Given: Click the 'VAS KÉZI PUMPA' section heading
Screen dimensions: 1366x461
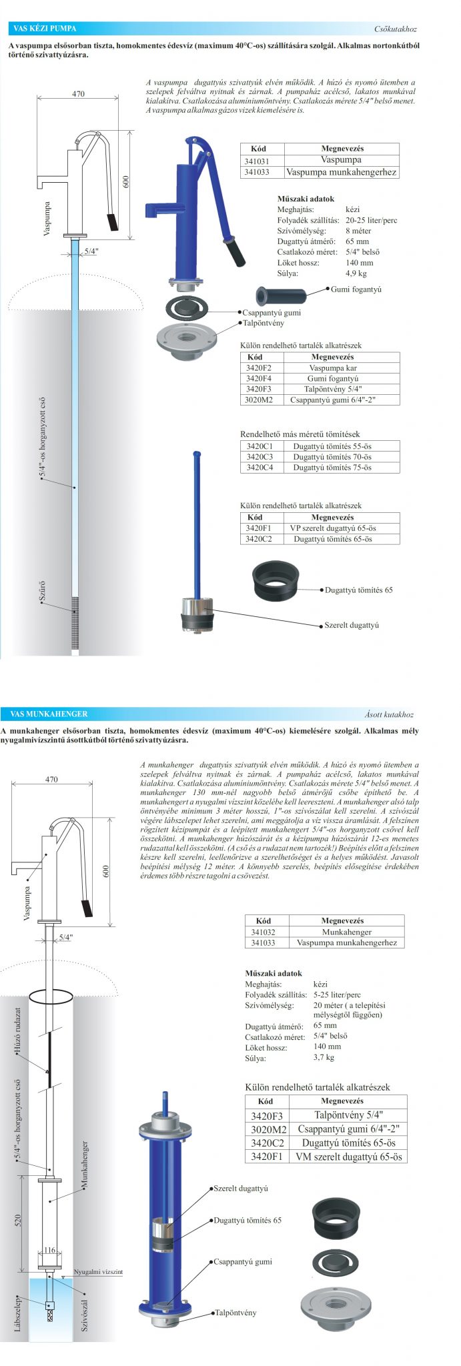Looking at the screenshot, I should (x=45, y=29).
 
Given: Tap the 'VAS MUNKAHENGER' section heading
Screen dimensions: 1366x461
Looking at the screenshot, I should (x=49, y=714).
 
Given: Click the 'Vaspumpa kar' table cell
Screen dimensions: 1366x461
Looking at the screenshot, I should (x=332, y=368).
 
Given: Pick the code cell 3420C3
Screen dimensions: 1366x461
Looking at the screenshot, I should (x=260, y=457).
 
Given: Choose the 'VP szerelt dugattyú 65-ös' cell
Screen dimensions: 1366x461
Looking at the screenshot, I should (x=332, y=528).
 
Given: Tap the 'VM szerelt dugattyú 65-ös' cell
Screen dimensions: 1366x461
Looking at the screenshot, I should (x=349, y=1157).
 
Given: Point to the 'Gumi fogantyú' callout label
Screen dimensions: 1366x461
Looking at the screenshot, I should (x=356, y=289).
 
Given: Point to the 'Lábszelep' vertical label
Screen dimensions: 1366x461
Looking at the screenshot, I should (x=19, y=1313).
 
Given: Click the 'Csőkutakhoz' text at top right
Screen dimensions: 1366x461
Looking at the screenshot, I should (x=396, y=29).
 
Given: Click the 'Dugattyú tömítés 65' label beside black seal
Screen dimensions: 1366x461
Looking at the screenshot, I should (x=358, y=590).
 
